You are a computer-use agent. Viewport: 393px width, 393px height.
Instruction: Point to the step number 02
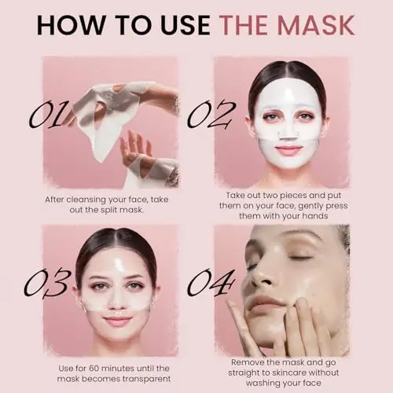pyautogui.click(x=211, y=115)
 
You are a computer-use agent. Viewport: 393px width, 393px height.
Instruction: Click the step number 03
pyautogui.click(x=47, y=283)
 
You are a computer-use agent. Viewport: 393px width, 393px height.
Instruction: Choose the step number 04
pyautogui.click(x=211, y=283)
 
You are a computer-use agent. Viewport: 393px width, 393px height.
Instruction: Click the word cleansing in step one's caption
pyautogui.click(x=86, y=200)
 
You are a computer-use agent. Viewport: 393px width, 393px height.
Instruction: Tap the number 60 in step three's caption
pyautogui.click(x=94, y=369)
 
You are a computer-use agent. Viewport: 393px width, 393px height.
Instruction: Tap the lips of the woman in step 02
pyautogui.click(x=288, y=150)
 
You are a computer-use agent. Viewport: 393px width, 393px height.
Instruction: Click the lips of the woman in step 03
pyautogui.click(x=118, y=320)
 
